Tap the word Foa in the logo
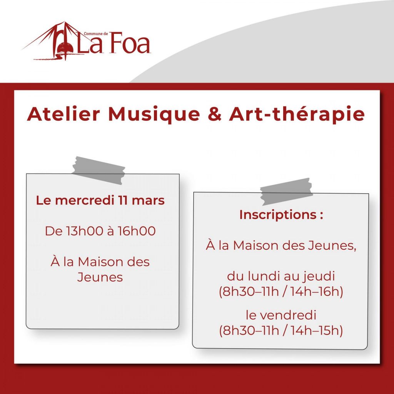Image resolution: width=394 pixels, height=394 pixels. [130, 43]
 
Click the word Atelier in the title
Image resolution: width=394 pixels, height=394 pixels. [63, 114]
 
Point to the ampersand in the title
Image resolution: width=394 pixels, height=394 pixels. [215, 114]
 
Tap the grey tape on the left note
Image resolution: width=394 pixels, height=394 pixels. [98, 170]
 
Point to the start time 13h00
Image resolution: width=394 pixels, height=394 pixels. [84, 231]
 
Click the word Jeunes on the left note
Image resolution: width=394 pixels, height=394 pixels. [100, 277]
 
